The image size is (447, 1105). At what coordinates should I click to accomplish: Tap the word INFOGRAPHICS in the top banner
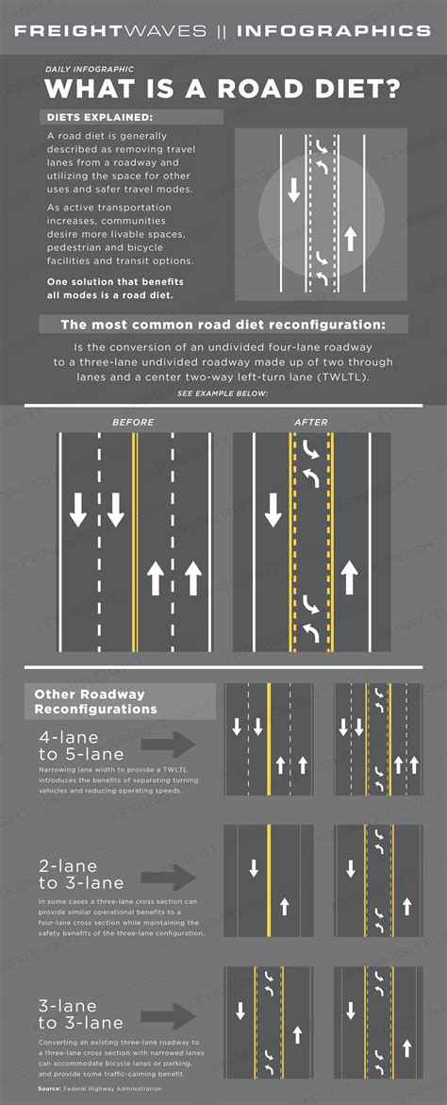click(x=334, y=30)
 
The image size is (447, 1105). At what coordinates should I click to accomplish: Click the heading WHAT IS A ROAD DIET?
click(x=223, y=90)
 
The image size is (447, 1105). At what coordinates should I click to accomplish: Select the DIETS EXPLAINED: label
click(x=99, y=118)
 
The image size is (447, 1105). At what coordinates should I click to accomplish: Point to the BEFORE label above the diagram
click(x=133, y=422)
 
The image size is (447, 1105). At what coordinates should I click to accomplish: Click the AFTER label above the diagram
click(x=311, y=422)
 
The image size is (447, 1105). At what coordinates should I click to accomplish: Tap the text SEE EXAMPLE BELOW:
click(x=223, y=392)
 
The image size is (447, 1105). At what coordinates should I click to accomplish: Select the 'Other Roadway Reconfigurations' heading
click(x=95, y=701)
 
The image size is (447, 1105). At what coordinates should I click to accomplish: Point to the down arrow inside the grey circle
click(x=293, y=190)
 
